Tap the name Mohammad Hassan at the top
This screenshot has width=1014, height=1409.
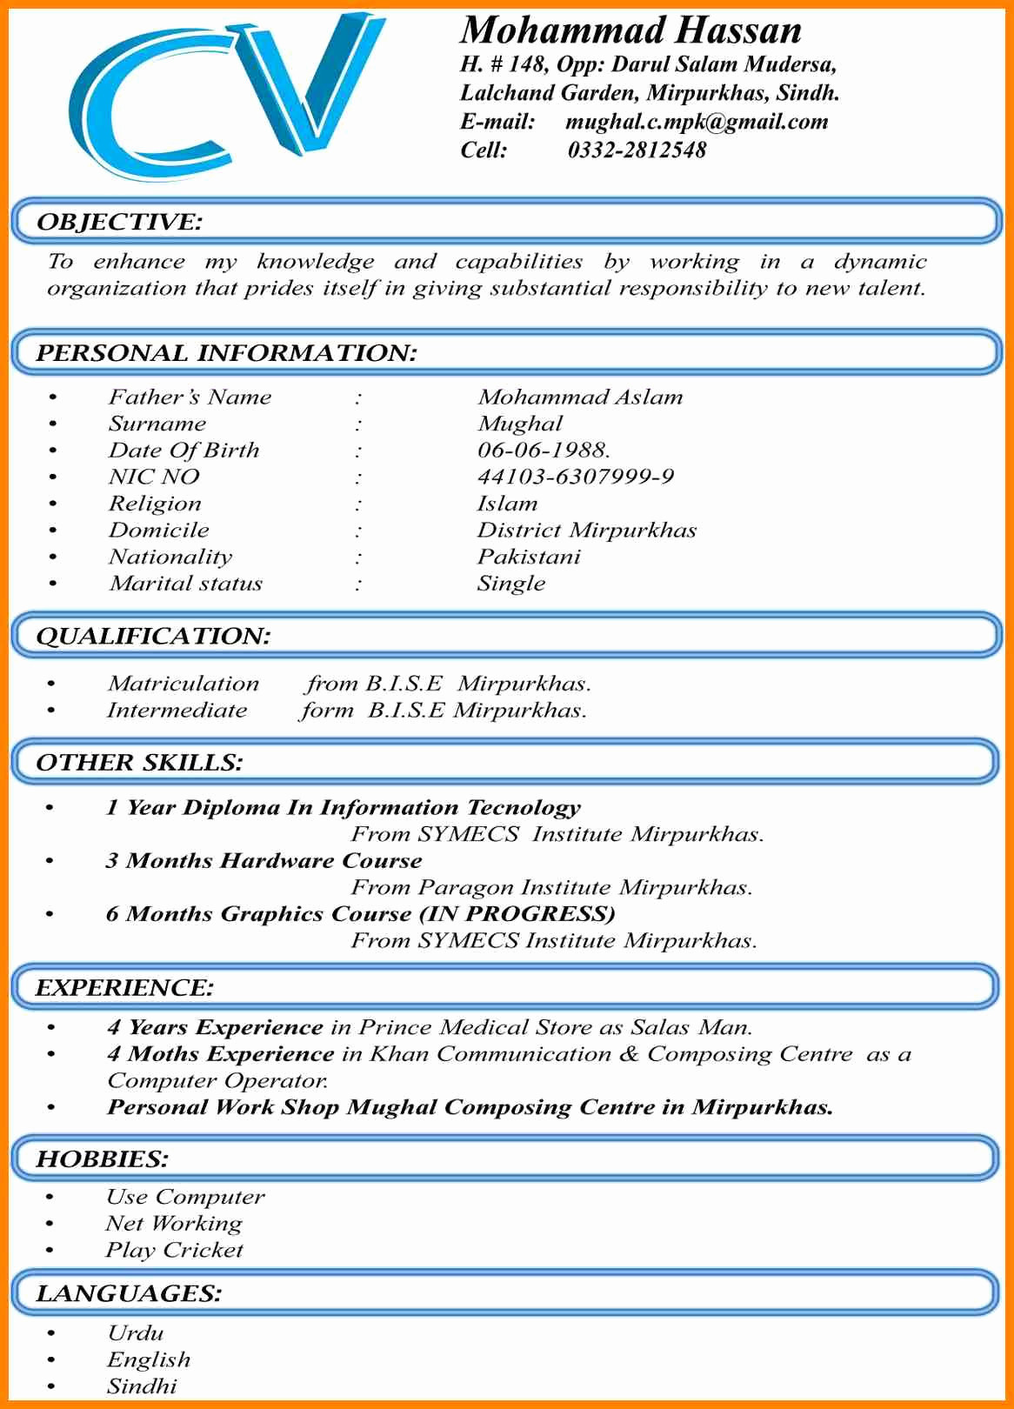coord(630,30)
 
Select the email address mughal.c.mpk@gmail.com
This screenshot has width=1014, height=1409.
coord(697,122)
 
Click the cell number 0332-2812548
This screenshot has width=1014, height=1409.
coord(637,150)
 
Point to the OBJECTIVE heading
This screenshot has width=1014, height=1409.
coord(119,222)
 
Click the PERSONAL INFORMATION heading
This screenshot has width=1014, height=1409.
coord(226,353)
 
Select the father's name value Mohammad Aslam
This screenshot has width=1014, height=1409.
coord(580,397)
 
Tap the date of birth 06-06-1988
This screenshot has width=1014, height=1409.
coord(544,451)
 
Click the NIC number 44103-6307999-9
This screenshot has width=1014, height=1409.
coord(576,477)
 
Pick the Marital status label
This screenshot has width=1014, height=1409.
coord(185,584)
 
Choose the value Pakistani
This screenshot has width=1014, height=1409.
coord(528,557)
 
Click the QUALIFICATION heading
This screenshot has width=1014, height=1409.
coord(153,636)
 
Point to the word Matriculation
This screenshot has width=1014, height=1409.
coord(183,684)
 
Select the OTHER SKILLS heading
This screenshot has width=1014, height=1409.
coord(139,763)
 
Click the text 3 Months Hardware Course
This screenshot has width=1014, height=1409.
coord(264,861)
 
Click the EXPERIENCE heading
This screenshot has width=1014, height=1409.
coord(124,988)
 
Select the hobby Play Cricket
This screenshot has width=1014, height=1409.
coord(174,1251)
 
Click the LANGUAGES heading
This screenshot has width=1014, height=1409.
coord(129,1294)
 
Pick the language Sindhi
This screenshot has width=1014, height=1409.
coord(142,1386)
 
